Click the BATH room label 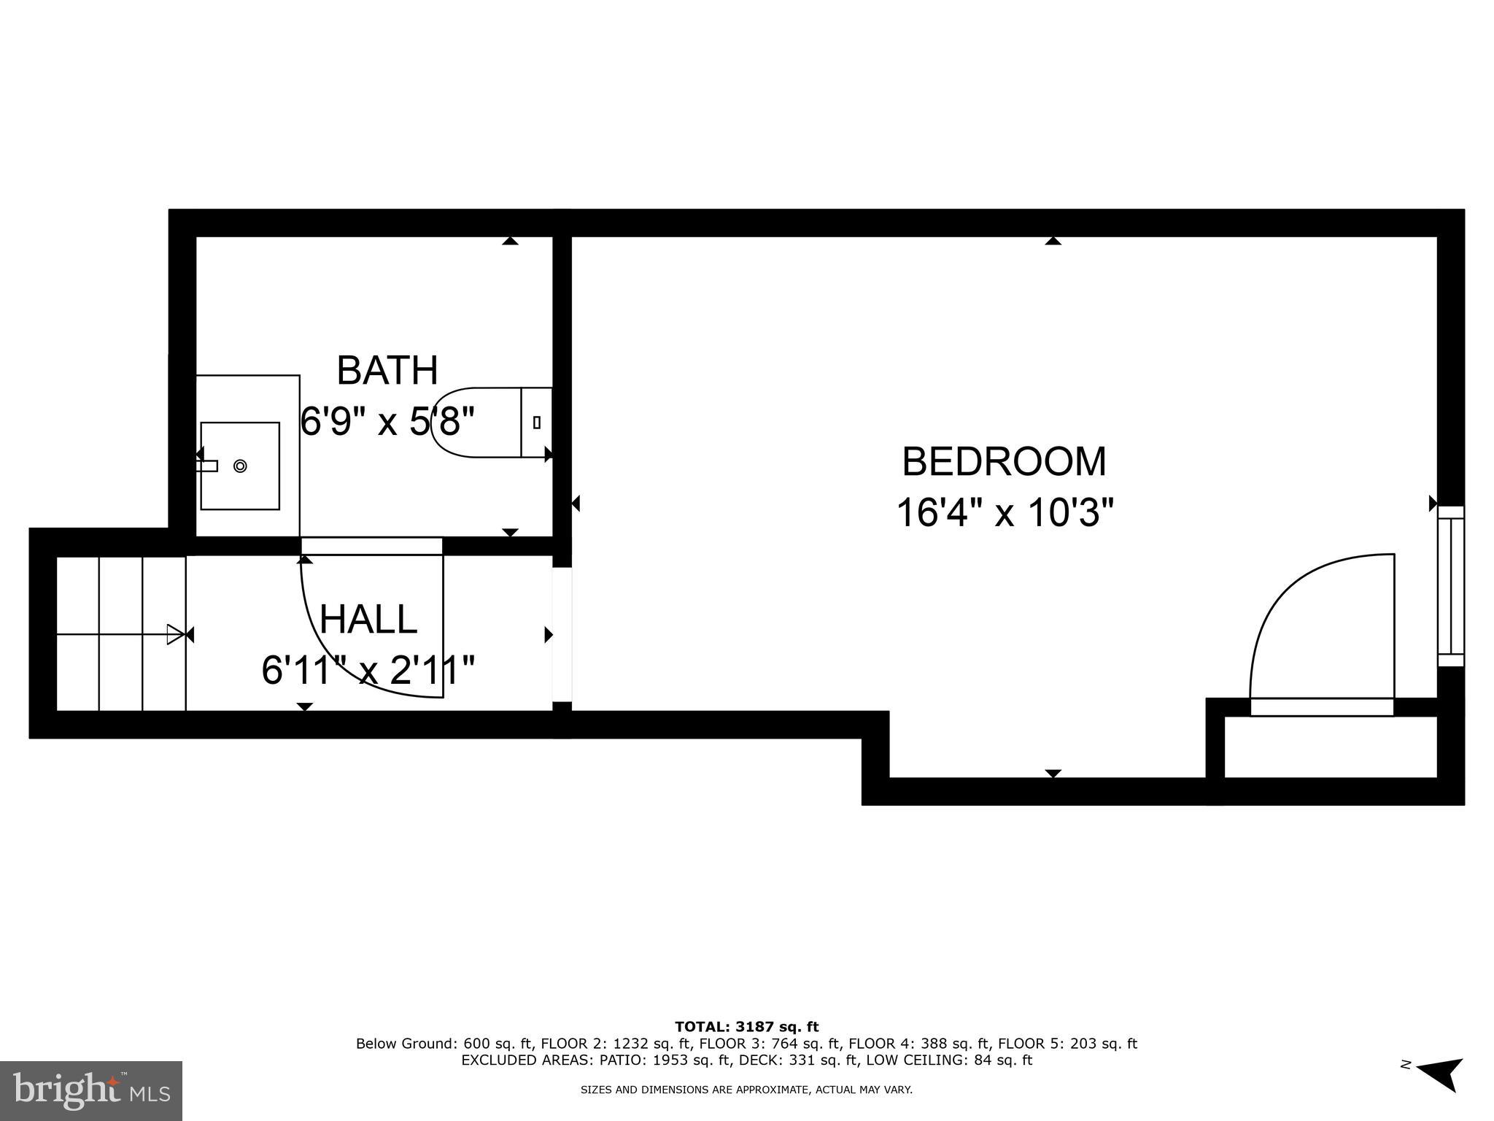tap(387, 371)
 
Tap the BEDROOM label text tap(1004, 462)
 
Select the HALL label tap(368, 620)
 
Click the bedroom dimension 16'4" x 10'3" tap(1005, 512)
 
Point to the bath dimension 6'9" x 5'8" tap(387, 421)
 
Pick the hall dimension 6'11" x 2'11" tap(368, 670)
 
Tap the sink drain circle tap(240, 466)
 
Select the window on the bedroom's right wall tap(1450, 586)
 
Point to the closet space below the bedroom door tap(1329, 747)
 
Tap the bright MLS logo tap(91, 1090)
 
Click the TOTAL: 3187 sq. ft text tap(746, 1028)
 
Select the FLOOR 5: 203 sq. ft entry tap(1067, 1044)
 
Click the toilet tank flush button tap(537, 422)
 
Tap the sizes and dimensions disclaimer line tap(746, 1090)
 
